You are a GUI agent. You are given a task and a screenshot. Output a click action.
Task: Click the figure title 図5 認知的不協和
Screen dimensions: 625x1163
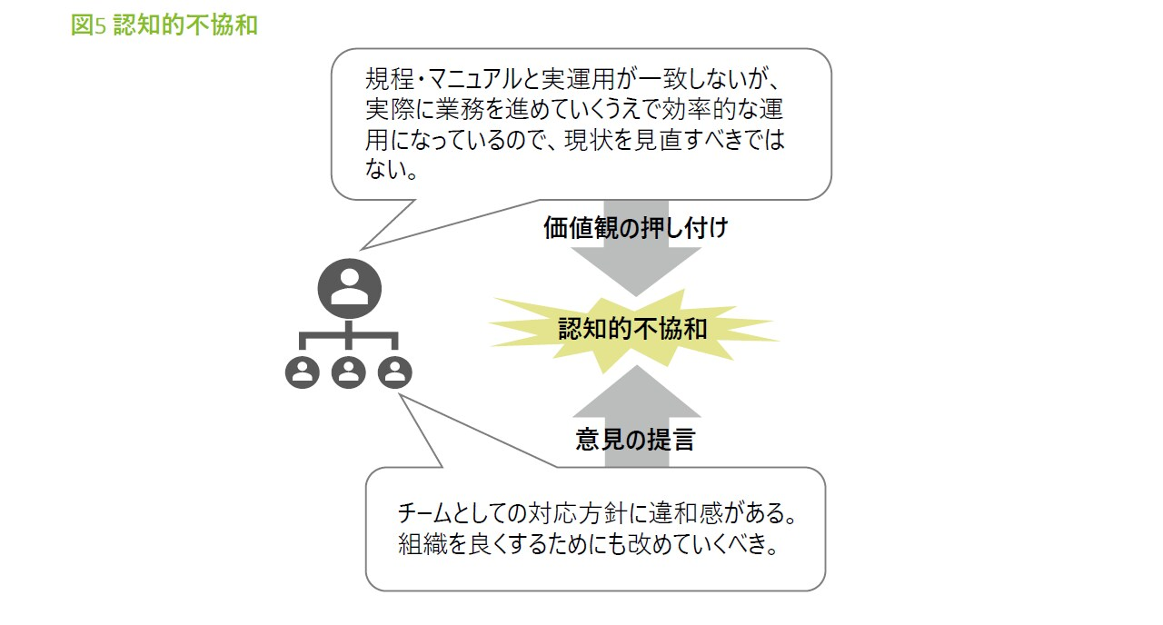pos(164,25)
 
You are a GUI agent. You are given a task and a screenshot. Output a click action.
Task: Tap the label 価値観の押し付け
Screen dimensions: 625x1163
pos(635,228)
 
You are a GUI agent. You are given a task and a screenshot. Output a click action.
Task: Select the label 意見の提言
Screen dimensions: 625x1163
pos(635,441)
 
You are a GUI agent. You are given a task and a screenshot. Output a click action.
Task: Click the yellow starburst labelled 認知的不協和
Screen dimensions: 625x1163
pos(632,329)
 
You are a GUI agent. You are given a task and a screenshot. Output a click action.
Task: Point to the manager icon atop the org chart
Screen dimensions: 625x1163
pos(349,287)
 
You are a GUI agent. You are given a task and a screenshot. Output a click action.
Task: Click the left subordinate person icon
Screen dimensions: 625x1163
pos(303,372)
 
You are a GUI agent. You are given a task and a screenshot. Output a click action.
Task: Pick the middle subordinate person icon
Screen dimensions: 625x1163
pos(349,372)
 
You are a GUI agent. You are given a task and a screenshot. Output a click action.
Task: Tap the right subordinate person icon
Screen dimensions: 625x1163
pos(394,372)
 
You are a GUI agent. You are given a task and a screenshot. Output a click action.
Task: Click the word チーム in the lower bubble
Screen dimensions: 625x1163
pos(428,514)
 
